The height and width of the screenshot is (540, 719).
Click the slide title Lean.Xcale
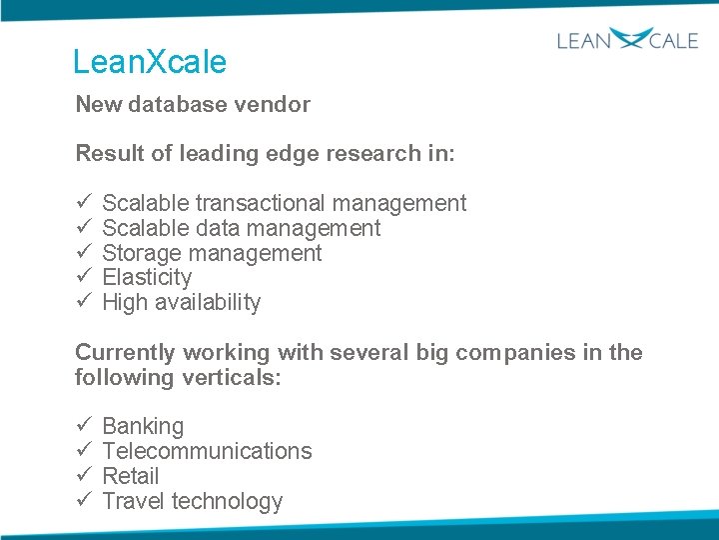coord(150,62)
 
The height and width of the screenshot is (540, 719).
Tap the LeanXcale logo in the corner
coord(627,41)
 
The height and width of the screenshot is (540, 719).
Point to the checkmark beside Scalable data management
coord(84,228)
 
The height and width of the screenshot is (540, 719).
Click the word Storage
coord(142,253)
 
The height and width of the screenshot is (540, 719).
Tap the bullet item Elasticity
coord(147,277)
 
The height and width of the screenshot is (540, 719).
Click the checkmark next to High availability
coord(84,302)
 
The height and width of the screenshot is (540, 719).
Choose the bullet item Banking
coord(143,426)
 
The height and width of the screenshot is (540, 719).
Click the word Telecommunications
coord(207,451)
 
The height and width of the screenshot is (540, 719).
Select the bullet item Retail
coord(131,476)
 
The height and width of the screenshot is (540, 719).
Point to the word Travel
coord(134,501)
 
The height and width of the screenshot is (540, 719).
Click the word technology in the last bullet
coord(228,501)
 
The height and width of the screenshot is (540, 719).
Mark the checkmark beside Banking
coord(84,426)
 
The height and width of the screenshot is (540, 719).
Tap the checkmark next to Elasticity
coord(84,277)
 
